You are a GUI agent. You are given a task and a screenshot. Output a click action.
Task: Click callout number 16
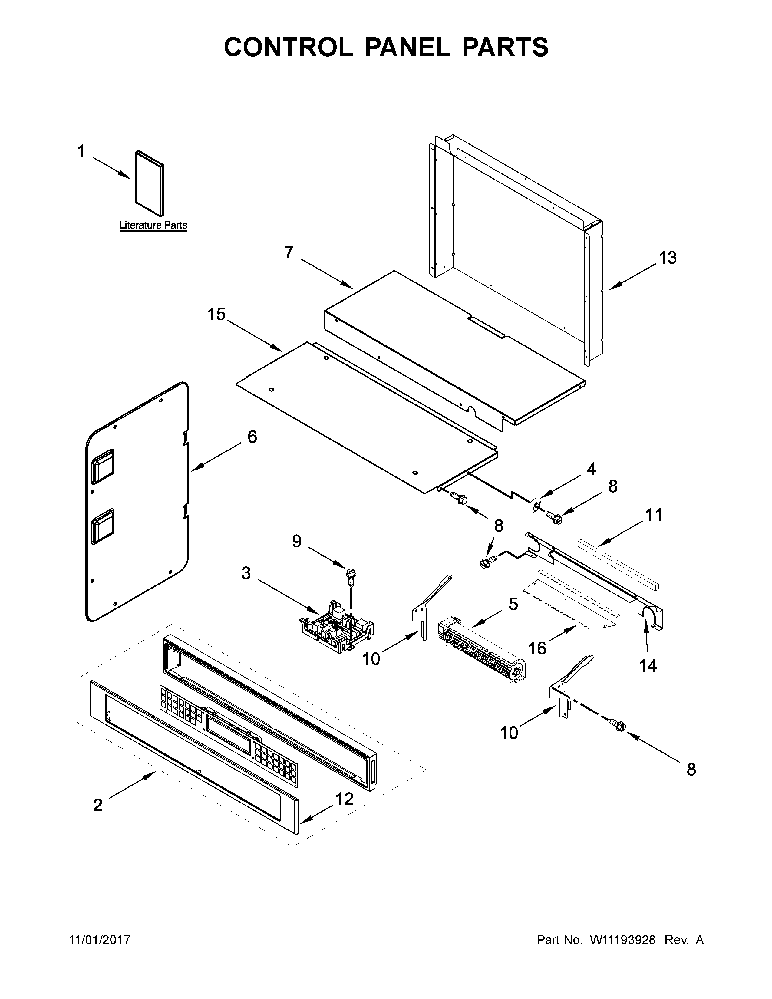[x=537, y=648]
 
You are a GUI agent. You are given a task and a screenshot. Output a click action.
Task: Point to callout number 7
[x=289, y=252]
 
